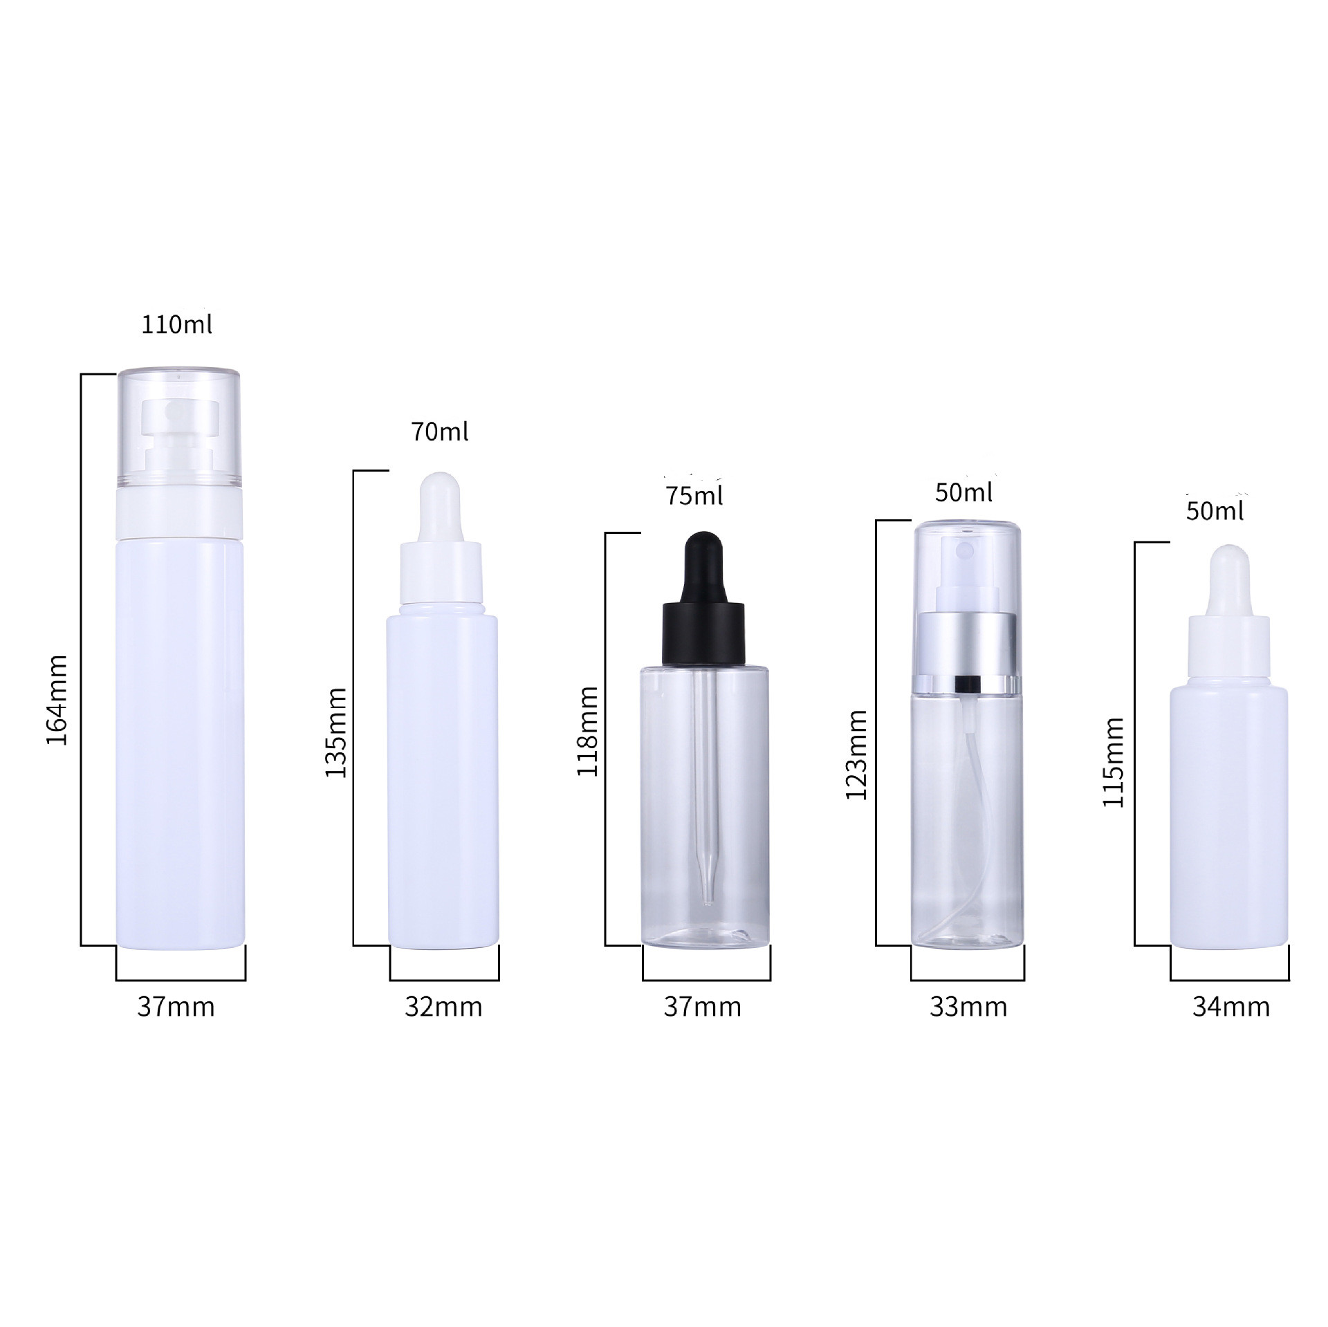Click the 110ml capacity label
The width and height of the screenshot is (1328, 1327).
pos(176,325)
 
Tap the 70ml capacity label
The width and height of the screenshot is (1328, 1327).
pos(440,432)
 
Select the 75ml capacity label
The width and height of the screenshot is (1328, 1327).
pos(694,496)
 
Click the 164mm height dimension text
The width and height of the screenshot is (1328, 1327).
pos(57,700)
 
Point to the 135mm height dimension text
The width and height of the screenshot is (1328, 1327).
pos(336,732)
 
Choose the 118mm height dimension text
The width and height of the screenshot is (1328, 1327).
pos(588,731)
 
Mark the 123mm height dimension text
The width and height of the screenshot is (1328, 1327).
pos(856,754)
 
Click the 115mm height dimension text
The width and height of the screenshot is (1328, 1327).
pos(1114,762)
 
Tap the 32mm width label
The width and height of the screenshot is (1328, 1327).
pos(443,1007)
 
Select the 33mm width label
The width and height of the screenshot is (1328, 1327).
pos(968,1007)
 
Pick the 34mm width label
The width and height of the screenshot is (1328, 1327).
pos(1230,1007)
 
